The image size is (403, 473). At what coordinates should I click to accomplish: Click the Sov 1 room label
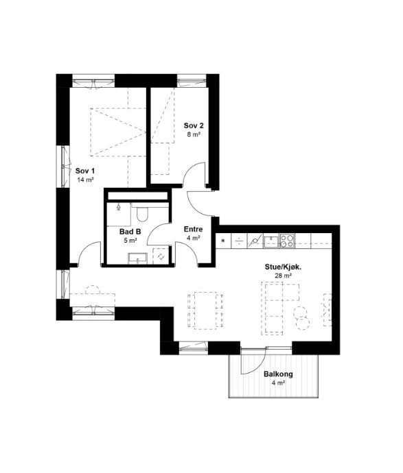click(85, 171)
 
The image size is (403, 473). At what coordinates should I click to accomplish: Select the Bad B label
click(130, 232)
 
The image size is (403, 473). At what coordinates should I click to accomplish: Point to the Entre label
click(194, 229)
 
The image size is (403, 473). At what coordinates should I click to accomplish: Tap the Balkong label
click(278, 374)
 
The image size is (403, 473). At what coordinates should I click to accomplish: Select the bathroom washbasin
click(138, 259)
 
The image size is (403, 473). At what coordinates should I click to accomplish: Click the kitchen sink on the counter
click(271, 241)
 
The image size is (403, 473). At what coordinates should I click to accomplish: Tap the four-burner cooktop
click(287, 241)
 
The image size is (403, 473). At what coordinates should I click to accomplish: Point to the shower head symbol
click(118, 207)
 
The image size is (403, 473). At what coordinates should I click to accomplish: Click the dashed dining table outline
click(205, 311)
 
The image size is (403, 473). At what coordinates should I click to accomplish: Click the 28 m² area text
click(283, 276)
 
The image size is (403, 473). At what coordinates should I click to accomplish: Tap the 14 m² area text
click(85, 180)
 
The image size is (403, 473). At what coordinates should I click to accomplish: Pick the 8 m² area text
click(194, 134)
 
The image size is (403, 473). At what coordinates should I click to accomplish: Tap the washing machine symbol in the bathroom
click(161, 256)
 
